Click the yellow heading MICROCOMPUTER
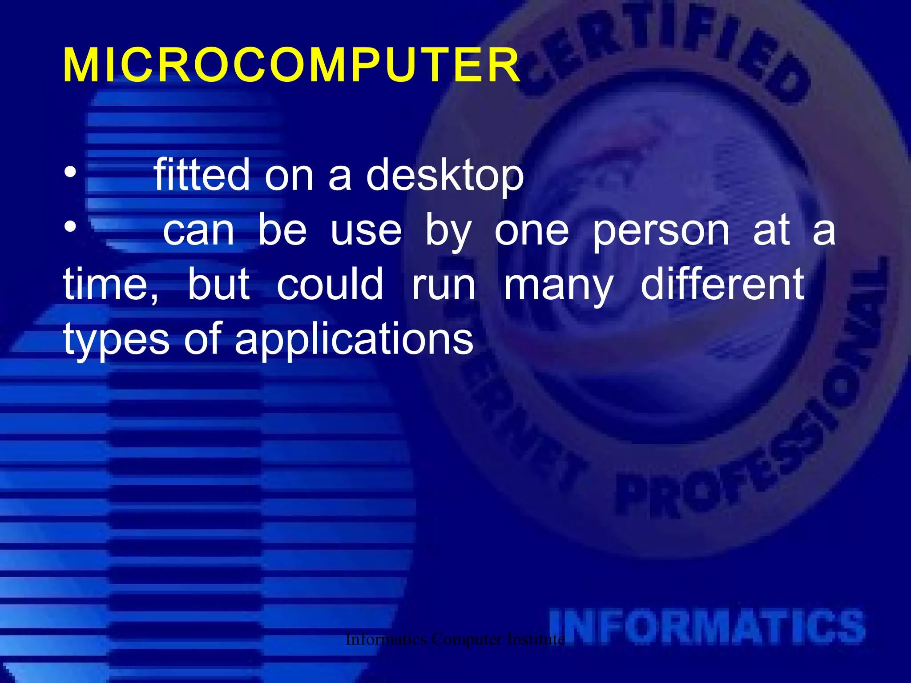point(291,66)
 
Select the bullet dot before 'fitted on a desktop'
point(70,172)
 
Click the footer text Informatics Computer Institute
point(455,639)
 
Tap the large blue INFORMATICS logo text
point(707,627)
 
